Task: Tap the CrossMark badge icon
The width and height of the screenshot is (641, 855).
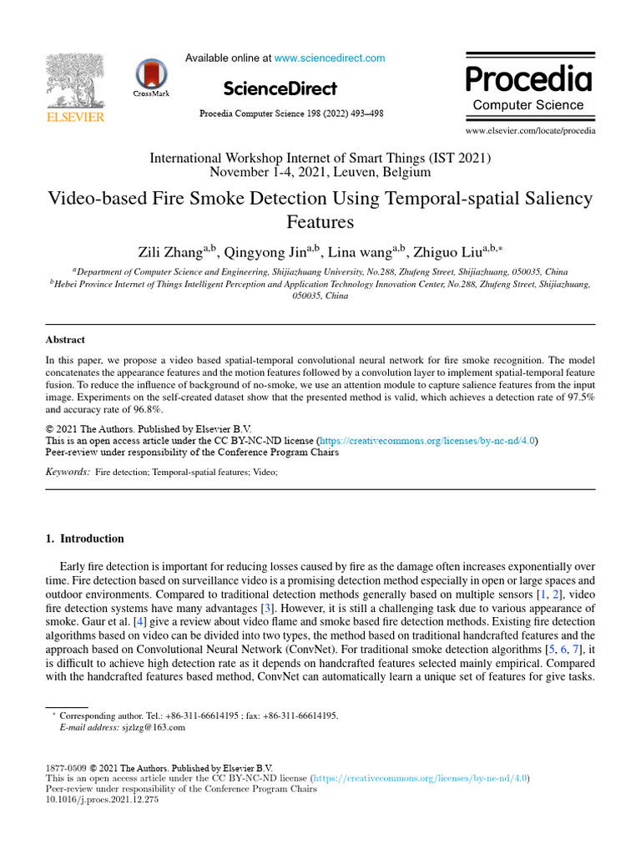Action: pos(151,76)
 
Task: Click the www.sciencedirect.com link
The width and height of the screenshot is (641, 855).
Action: pos(330,58)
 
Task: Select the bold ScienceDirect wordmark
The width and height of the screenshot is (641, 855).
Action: pos(280,89)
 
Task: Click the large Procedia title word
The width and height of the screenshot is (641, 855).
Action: pos(528,79)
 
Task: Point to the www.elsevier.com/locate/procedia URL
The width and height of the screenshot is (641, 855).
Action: pos(530,131)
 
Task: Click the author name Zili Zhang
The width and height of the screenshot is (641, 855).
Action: pos(172,251)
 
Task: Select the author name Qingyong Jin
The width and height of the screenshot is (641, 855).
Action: pos(265,251)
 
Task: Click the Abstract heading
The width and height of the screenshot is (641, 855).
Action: pos(65,340)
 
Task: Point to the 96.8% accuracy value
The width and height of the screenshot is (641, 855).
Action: pos(146,410)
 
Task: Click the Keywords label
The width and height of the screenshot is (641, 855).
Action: pos(67,472)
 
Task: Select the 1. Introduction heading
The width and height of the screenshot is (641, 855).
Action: pos(84,539)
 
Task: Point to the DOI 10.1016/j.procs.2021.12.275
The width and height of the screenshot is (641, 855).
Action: pos(101,800)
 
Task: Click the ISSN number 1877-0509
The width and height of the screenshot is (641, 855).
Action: pos(65,767)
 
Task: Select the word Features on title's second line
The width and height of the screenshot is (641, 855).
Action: pos(320,222)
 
